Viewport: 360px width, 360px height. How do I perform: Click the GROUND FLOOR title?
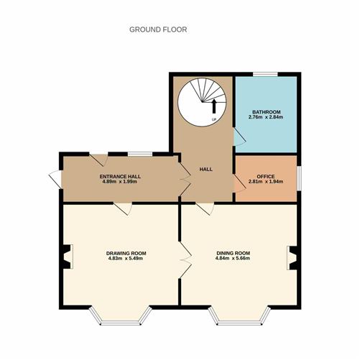point(158,29)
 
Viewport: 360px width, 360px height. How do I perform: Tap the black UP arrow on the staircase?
point(214,106)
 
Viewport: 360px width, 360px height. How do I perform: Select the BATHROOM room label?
point(267,112)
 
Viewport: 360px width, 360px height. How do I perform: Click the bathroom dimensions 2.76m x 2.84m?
point(266,117)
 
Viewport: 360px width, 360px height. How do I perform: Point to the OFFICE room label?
point(266,177)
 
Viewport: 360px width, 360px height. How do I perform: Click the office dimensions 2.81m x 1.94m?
point(266,182)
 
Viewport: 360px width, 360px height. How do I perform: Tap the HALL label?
point(206,169)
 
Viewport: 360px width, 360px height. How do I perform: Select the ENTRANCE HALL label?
point(120,177)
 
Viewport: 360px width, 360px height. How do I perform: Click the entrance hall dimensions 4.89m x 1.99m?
point(120,182)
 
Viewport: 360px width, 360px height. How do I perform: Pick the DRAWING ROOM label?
point(126,253)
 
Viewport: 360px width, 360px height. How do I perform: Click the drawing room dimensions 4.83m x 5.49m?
point(126,258)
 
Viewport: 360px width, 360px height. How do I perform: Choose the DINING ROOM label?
point(234,253)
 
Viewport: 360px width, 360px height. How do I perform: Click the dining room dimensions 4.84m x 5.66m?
point(233,258)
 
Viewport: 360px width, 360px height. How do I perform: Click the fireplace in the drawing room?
point(68,257)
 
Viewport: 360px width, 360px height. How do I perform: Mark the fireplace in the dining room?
point(292,258)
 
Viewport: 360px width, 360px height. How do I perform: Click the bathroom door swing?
point(239,137)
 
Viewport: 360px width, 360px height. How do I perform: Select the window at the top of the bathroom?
point(265,74)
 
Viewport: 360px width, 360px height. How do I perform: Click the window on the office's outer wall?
point(299,178)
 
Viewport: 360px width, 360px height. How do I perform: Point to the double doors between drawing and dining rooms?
point(185,260)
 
